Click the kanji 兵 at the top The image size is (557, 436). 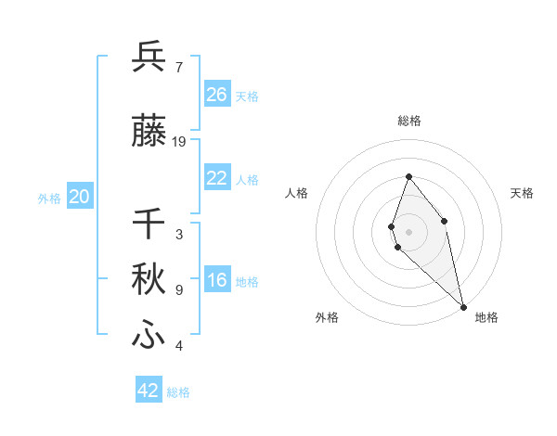(149, 57)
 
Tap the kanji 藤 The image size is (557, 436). (149, 132)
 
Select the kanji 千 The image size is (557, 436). (149, 224)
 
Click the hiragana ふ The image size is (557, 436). (149, 335)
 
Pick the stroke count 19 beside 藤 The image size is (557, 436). (179, 142)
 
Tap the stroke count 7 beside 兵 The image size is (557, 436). (179, 67)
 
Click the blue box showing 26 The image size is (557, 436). (216, 95)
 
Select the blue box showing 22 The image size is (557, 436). (216, 178)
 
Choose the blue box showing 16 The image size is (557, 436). (216, 280)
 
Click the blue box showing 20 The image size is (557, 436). (79, 197)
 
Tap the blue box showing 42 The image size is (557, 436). (149, 391)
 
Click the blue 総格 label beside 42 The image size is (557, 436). (178, 392)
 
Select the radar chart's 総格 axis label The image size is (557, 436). (408, 121)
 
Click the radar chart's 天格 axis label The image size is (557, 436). (522, 193)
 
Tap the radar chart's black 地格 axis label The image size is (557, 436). (486, 318)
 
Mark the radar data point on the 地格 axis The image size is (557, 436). (462, 306)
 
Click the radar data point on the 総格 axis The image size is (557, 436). (408, 176)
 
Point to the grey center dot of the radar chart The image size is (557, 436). (408, 231)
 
